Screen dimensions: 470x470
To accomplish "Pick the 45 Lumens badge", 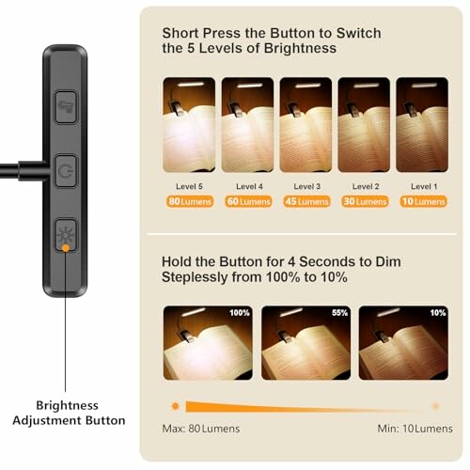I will click(305, 201).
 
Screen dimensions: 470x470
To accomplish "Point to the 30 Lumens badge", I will click(363, 201).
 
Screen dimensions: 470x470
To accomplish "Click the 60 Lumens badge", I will click(247, 201).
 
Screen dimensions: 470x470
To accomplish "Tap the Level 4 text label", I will click(247, 186).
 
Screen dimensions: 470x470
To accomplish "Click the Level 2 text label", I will click(363, 186).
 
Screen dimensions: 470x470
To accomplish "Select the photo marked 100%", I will click(207, 342).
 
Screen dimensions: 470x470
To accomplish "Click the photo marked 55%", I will click(305, 342).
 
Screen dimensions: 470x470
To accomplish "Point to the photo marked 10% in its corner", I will click(402, 342).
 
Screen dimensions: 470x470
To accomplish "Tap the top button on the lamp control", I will click(66, 102).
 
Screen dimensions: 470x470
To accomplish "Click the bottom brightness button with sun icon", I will click(66, 234).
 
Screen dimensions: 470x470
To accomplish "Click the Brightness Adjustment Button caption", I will click(67, 413).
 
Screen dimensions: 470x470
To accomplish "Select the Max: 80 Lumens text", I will click(201, 429).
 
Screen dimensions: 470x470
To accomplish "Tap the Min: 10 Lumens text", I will click(415, 429).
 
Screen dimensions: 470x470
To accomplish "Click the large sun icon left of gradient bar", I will click(175, 406).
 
